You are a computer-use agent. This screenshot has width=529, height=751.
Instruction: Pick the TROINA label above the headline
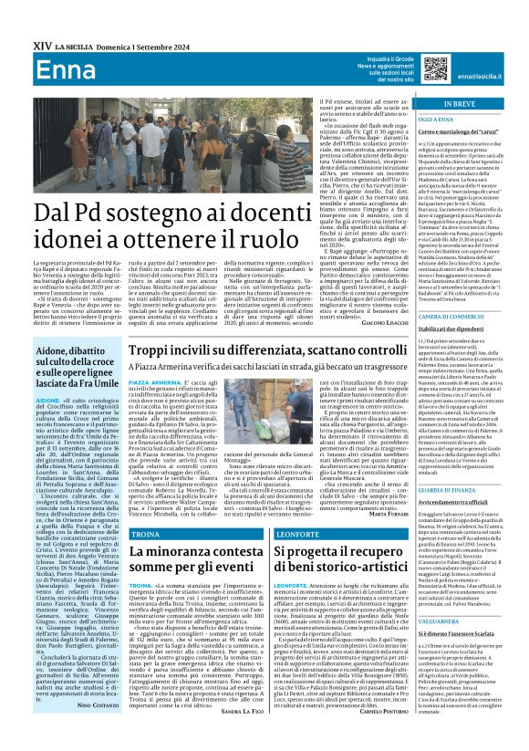(x=145, y=532)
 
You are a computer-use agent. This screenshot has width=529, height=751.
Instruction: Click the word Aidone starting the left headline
(x=55, y=350)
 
